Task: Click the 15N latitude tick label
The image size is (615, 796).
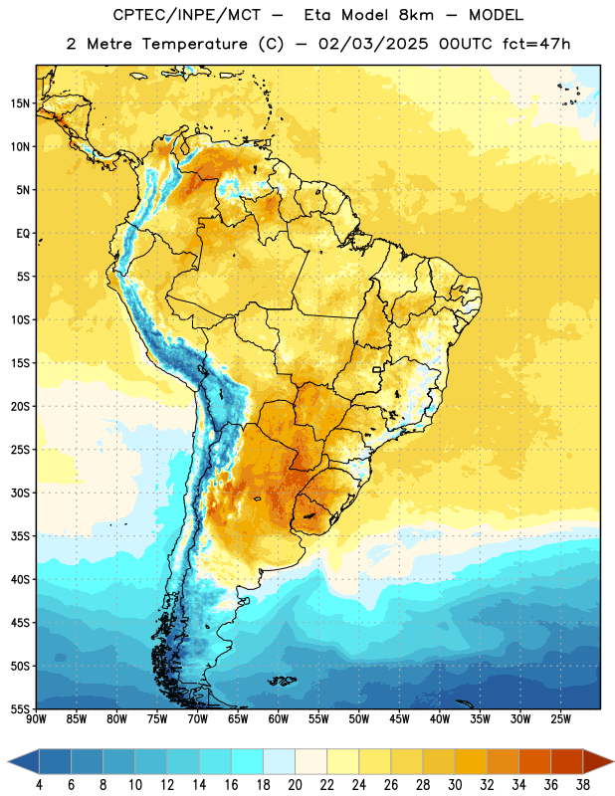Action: tap(20, 103)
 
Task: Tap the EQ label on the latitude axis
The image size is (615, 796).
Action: tap(23, 234)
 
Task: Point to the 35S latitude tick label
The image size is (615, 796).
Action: tap(20, 536)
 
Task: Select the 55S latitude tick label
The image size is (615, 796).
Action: tap(20, 708)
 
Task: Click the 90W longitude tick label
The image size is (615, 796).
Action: tap(37, 718)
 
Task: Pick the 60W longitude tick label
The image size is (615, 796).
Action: tap(279, 718)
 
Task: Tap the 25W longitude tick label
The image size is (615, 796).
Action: tap(560, 718)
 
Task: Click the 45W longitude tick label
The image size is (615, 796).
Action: tap(399, 718)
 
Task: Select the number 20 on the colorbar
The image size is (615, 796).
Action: tap(295, 785)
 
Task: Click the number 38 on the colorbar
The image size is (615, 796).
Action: tap(583, 785)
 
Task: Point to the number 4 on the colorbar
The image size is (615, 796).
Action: tap(39, 785)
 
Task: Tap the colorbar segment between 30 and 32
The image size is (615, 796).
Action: tap(471, 761)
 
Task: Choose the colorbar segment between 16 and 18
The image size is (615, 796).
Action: tap(247, 761)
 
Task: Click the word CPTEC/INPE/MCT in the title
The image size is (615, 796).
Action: tap(187, 15)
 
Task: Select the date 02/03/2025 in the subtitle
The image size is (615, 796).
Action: tap(373, 44)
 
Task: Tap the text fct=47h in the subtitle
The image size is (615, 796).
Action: tap(536, 44)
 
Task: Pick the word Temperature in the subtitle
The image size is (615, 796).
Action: tap(194, 44)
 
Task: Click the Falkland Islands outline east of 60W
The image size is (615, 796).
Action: tap(283, 681)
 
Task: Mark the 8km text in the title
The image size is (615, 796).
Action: tap(416, 15)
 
